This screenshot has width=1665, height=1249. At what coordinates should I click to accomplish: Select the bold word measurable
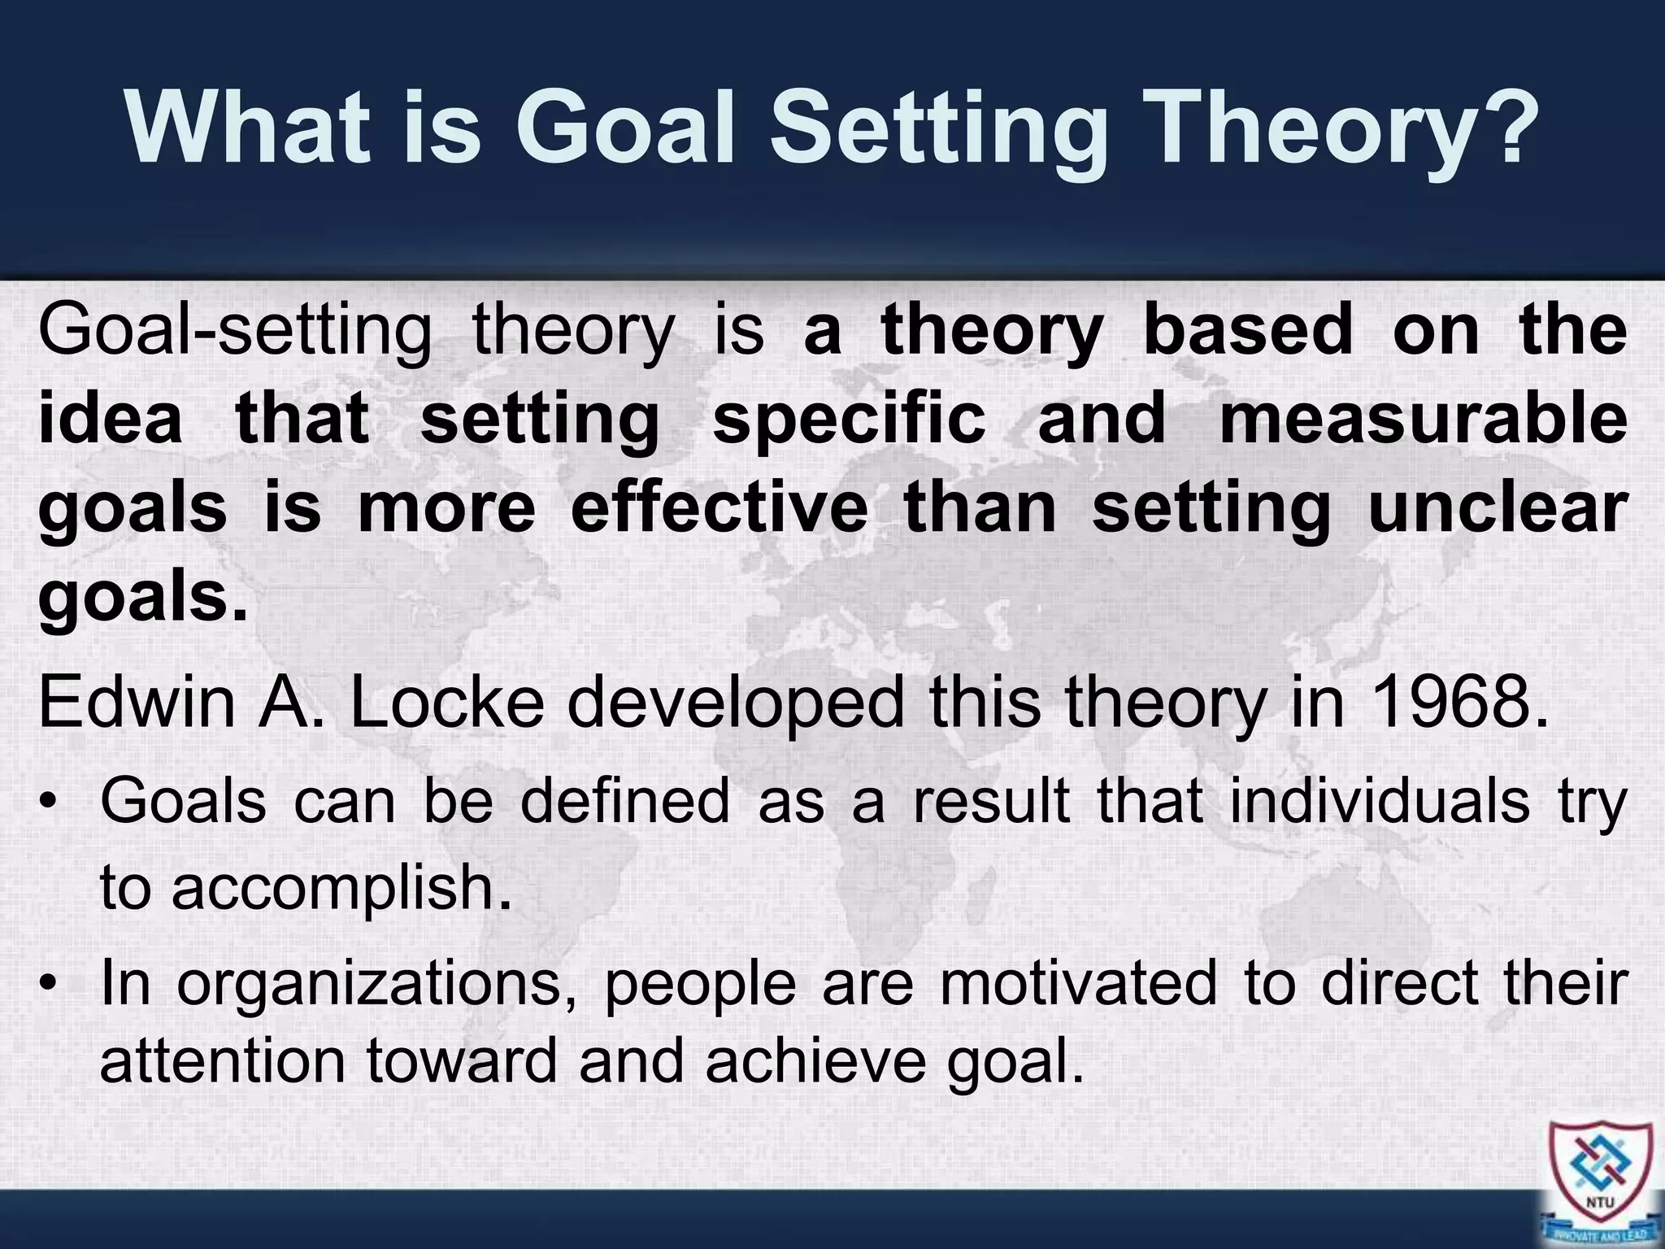pyautogui.click(x=1424, y=420)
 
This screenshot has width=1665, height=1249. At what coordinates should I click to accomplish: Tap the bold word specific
pyautogui.click(x=849, y=420)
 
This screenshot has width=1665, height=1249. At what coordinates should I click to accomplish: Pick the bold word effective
pyautogui.click(x=719, y=509)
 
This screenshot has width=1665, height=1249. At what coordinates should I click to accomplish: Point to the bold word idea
pyautogui.click(x=110, y=420)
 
